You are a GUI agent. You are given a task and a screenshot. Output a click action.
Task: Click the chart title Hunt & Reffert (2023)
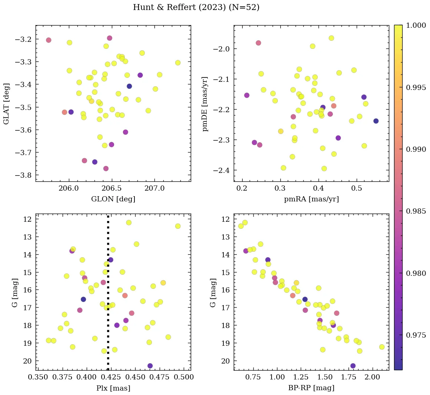click(x=196, y=7)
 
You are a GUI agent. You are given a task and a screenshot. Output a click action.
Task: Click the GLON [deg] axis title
click(x=113, y=199)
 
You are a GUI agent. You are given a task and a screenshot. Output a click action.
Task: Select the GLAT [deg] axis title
click(x=6, y=103)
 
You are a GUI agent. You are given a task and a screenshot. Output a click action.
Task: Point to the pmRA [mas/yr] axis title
click(x=311, y=199)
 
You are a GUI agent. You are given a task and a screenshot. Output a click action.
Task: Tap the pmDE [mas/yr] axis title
click(x=205, y=104)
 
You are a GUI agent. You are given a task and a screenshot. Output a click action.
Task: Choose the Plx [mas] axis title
click(x=113, y=388)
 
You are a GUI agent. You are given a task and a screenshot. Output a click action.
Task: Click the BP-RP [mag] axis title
click(x=311, y=388)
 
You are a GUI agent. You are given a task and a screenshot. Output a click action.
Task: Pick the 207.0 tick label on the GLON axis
click(x=154, y=188)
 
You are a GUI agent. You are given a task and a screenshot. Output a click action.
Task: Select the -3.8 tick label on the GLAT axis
click(x=23, y=175)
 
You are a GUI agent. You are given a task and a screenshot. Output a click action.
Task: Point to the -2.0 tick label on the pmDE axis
click(x=221, y=49)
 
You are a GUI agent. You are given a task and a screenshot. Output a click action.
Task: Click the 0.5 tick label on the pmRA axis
click(x=357, y=188)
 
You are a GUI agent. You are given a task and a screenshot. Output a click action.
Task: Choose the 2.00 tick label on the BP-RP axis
click(x=372, y=377)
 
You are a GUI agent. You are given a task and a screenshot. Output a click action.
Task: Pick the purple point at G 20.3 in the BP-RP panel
click(x=353, y=366)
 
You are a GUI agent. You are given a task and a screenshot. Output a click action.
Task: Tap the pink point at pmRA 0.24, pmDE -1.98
click(x=258, y=43)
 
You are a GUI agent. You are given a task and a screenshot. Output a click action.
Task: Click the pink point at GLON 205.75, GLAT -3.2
click(x=49, y=40)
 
